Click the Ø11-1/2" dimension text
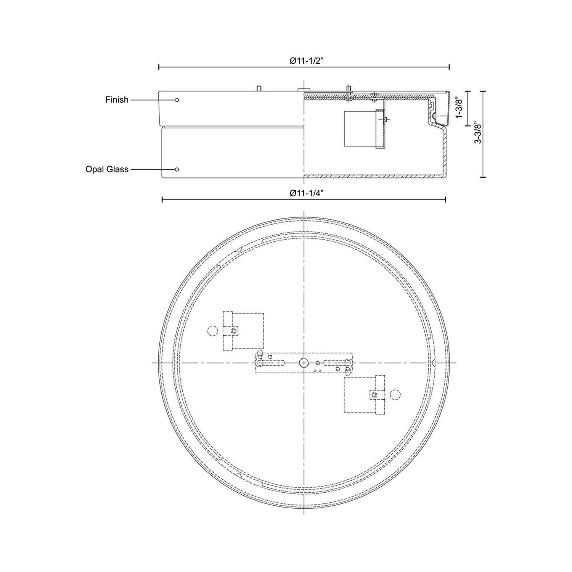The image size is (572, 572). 304,61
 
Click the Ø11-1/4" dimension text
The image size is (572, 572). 304,193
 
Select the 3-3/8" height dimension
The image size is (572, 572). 477,133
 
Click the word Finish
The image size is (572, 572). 117,100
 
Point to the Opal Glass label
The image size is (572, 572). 107,169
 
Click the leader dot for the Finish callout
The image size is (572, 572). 177,100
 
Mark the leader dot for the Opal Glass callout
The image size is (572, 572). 177,169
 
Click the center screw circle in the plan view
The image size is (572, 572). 304,363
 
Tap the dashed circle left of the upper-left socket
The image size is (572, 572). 212,331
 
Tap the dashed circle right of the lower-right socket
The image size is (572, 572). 395,394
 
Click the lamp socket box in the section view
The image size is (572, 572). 360,129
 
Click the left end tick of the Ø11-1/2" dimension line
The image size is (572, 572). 159,67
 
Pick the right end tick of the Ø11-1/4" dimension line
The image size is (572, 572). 446,199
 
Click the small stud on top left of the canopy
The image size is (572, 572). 259,88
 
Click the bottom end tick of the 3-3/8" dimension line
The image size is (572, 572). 484,177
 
